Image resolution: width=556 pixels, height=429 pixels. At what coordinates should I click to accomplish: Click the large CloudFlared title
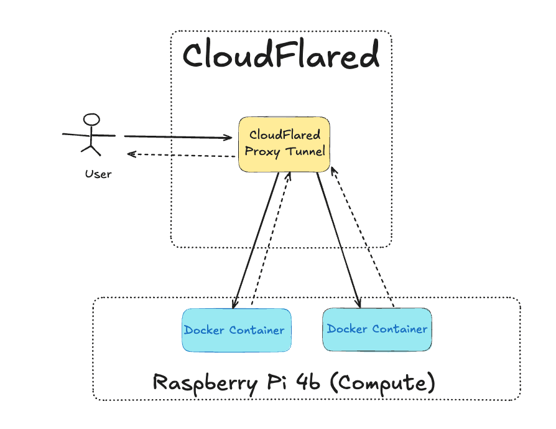click(281, 54)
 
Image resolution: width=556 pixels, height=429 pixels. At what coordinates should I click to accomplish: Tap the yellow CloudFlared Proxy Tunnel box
click(284, 144)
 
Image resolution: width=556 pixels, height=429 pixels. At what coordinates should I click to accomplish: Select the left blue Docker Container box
click(237, 330)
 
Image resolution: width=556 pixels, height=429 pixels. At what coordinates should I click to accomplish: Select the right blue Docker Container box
click(378, 329)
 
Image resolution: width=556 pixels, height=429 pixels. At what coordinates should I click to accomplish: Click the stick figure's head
click(91, 120)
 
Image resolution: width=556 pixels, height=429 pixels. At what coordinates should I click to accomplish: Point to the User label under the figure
click(98, 174)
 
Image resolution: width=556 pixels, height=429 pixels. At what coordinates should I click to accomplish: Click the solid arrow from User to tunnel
click(178, 137)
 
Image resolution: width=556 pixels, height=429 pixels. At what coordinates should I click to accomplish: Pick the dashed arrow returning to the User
click(182, 155)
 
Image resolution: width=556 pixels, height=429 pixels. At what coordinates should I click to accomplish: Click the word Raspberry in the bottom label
click(205, 383)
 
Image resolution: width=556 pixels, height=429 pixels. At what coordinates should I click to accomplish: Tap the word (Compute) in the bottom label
click(382, 383)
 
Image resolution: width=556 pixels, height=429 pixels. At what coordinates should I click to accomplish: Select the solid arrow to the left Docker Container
click(256, 240)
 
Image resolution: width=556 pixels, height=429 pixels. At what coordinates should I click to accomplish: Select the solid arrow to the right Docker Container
click(339, 240)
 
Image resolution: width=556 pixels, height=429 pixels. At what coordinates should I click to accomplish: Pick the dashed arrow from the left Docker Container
click(271, 238)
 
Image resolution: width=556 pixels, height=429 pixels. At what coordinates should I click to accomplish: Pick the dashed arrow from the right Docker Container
click(363, 237)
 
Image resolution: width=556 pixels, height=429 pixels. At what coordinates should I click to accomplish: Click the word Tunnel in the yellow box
click(305, 152)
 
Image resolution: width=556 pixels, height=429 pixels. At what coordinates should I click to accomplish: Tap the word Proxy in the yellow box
click(262, 152)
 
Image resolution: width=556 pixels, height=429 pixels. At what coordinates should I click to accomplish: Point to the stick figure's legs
click(91, 150)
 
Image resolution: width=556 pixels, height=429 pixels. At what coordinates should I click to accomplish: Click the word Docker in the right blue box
click(347, 329)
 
